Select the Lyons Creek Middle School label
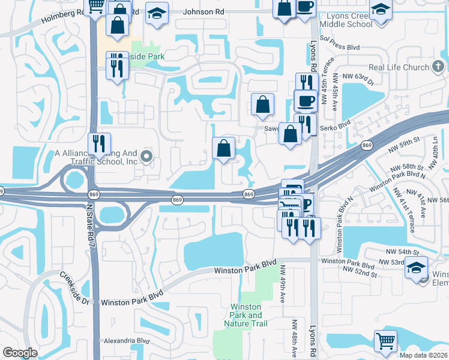[x=346, y=19]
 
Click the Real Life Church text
[x=399, y=67]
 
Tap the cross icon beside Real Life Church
[x=439, y=66]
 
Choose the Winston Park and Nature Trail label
[x=246, y=315]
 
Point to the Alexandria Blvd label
[x=126, y=340]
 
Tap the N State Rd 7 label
[x=90, y=224]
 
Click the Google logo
[x=19, y=353]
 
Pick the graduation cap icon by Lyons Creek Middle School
[x=379, y=10]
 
